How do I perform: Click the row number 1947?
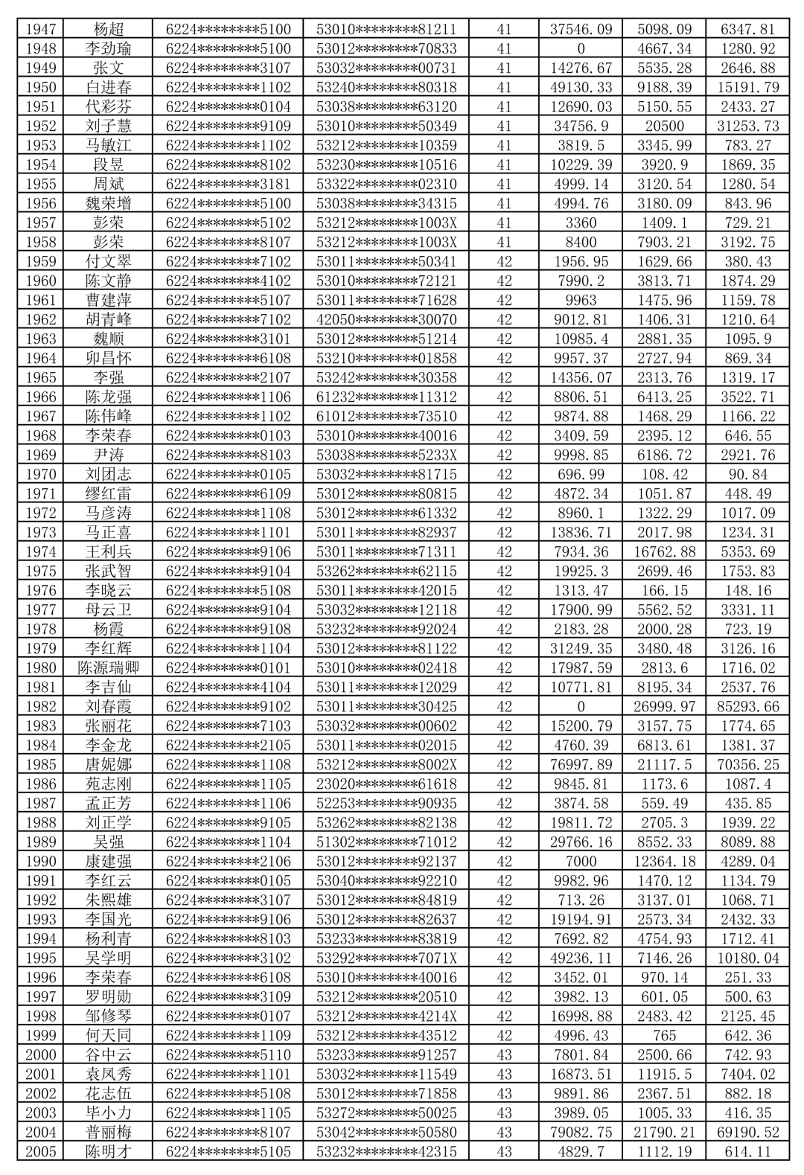click(41, 29)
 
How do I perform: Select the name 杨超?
click(109, 29)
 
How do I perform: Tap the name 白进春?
click(109, 87)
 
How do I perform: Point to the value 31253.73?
click(747, 126)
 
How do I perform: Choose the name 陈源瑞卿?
click(109, 667)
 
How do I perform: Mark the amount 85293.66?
click(747, 706)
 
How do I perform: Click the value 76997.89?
click(581, 764)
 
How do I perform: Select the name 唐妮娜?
click(109, 764)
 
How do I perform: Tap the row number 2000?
click(41, 1054)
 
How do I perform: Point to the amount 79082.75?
click(581, 1132)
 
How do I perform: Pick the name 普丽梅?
click(109, 1132)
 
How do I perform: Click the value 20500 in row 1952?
click(664, 126)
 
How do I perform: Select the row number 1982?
click(41, 706)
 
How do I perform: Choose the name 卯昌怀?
click(109, 358)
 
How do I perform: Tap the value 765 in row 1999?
click(664, 1035)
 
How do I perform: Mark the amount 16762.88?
click(664, 551)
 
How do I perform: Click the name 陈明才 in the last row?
click(109, 1151)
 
